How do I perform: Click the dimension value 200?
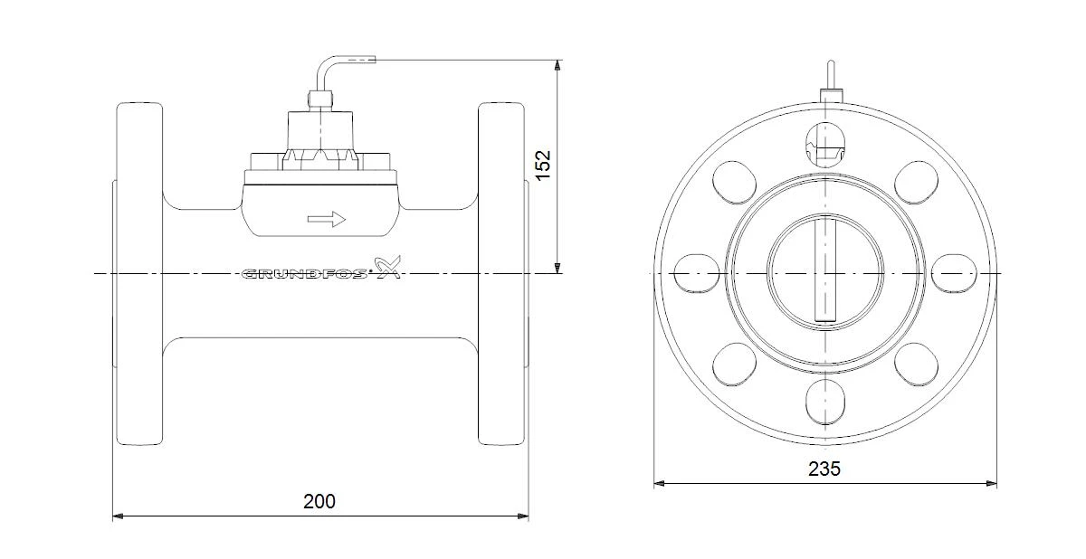coord(319,501)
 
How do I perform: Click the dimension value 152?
coord(544,165)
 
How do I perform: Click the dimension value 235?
coord(824,469)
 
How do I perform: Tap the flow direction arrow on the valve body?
coord(327,220)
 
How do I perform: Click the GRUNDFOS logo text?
coord(304,275)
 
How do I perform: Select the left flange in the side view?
coord(139,274)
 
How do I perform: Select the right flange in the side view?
coord(501,274)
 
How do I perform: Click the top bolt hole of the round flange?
coord(825,144)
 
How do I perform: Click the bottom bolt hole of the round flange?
coord(825,402)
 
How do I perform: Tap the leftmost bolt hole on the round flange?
coord(696,274)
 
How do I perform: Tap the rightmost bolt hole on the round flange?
coord(954,274)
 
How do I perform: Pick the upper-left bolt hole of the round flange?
coord(734,182)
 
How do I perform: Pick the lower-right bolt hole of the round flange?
coord(916,365)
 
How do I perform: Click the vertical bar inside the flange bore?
coord(825,269)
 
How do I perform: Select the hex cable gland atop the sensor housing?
coord(320,99)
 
